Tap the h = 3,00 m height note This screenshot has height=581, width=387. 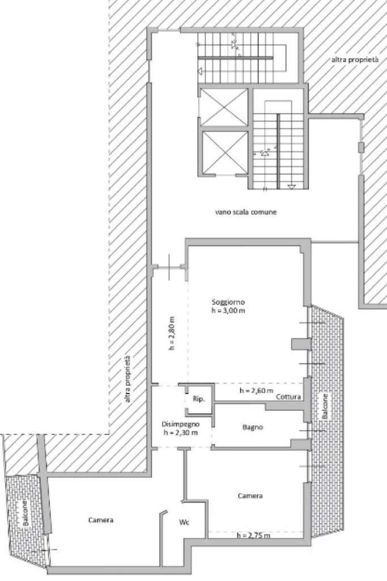point(228,310)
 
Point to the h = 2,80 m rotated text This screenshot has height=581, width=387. point(171,334)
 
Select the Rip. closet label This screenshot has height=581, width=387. point(199,399)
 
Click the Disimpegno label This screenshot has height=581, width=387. point(181,424)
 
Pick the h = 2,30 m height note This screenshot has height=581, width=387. point(181,432)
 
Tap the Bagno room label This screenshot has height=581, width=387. point(253,427)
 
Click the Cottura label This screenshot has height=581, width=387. point(288,397)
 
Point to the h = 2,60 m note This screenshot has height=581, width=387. point(257,390)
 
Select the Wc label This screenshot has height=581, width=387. point(184,523)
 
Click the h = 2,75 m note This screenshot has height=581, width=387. point(253,535)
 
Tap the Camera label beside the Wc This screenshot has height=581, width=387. point(101,520)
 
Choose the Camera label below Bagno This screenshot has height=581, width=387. point(250,495)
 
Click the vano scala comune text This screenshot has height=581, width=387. point(246,212)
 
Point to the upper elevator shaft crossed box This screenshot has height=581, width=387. point(223,107)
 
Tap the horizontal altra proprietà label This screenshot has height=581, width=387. point(355,59)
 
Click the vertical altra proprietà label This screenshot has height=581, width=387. point(127,380)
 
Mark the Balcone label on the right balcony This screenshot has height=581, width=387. point(325,406)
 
